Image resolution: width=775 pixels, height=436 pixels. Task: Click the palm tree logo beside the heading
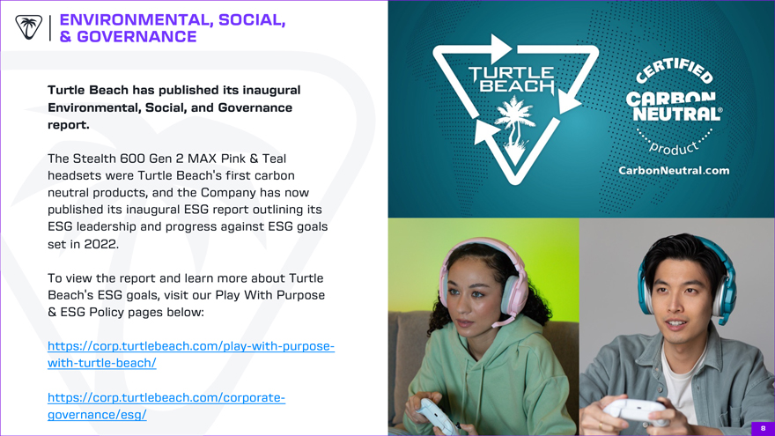29,27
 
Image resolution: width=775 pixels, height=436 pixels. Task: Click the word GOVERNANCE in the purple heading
137,37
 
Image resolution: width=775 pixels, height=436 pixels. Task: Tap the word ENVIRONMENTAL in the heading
137,19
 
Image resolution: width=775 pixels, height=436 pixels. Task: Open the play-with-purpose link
191,354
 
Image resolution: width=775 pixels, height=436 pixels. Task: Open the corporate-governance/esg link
166,406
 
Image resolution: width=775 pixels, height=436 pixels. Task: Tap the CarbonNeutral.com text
674,171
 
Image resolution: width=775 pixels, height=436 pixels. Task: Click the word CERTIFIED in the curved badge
675,70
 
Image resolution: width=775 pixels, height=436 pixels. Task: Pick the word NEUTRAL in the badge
677,115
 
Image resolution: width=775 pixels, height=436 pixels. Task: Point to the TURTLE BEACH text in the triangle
512,79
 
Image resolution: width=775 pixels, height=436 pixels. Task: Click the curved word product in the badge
674,147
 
